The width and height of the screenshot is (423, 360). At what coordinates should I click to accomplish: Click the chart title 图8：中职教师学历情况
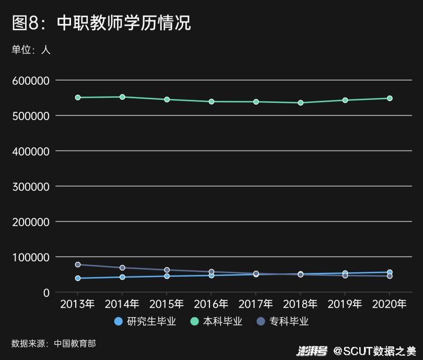click(101, 23)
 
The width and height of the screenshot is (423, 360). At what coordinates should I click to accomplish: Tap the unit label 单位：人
click(31, 50)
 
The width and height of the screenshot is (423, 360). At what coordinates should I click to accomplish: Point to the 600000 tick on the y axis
click(30, 80)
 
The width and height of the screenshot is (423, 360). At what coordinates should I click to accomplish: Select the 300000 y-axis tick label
click(30, 187)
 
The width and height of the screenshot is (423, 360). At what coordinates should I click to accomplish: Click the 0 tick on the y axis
click(46, 293)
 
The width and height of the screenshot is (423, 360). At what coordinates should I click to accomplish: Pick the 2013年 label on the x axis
click(77, 304)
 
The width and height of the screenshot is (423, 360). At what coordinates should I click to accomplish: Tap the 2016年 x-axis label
click(211, 304)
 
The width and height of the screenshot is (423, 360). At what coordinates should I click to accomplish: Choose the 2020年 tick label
click(389, 304)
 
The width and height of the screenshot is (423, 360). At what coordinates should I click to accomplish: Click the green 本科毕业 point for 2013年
click(78, 97)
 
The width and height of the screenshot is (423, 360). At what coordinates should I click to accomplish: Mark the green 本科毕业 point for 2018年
click(300, 102)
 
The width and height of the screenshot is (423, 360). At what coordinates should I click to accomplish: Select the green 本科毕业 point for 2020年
click(390, 98)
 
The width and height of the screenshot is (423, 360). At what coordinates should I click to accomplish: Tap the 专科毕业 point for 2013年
click(78, 264)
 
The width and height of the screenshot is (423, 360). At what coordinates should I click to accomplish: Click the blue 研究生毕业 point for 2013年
click(78, 278)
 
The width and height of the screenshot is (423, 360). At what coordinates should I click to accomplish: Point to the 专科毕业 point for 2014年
click(122, 268)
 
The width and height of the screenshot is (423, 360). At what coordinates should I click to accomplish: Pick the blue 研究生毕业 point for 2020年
click(390, 272)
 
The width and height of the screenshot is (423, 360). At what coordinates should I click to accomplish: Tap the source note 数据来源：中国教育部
click(53, 343)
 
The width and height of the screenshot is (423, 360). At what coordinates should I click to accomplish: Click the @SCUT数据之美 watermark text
click(375, 351)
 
